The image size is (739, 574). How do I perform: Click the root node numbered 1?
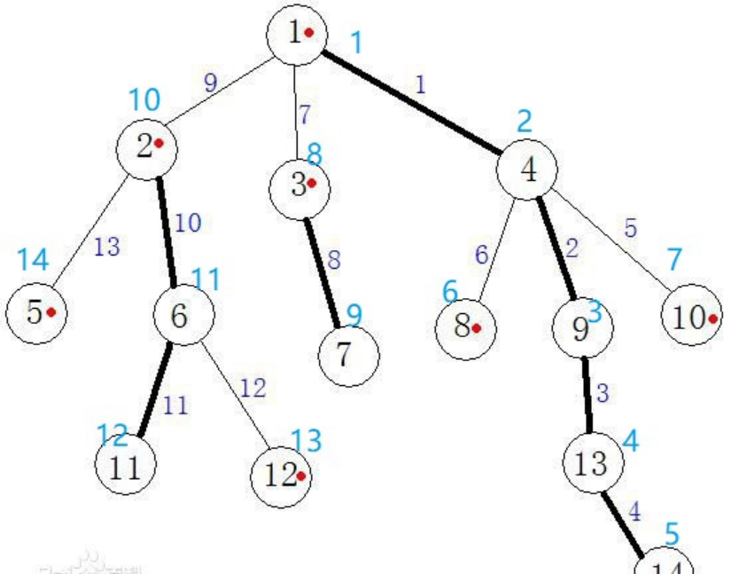click(x=296, y=34)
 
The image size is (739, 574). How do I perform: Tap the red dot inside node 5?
click(x=51, y=312)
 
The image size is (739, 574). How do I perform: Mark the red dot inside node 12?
click(x=301, y=476)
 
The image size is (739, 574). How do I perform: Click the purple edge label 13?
click(x=106, y=248)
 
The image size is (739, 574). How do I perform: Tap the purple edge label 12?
click(x=252, y=388)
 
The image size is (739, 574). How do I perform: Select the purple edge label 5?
click(x=630, y=228)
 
